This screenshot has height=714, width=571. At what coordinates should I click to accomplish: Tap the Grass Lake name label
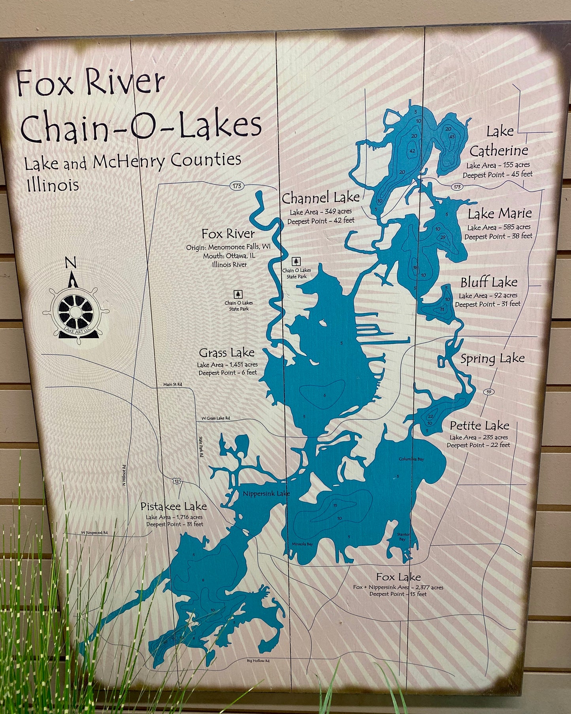coord(226,352)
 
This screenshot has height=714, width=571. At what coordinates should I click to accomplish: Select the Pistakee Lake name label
coord(174,506)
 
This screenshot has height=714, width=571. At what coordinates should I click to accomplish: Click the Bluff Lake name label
coord(489,283)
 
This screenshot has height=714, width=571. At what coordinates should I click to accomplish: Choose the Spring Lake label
coord(492,359)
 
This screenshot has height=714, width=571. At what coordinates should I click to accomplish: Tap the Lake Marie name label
coord(499,214)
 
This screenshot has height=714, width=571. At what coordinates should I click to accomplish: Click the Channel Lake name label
coord(320,197)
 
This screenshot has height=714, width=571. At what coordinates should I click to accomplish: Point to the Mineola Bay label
coord(302,544)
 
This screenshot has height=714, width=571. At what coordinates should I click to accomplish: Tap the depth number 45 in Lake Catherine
coord(452,137)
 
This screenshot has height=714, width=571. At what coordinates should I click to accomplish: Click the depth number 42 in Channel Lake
coord(412,151)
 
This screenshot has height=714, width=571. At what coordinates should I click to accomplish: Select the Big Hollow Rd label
coord(258,660)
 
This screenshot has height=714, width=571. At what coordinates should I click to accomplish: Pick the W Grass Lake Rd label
coord(215,418)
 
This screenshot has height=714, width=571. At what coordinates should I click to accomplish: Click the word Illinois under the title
coord(53,185)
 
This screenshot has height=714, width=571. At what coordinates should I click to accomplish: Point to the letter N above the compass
coord(70,262)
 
